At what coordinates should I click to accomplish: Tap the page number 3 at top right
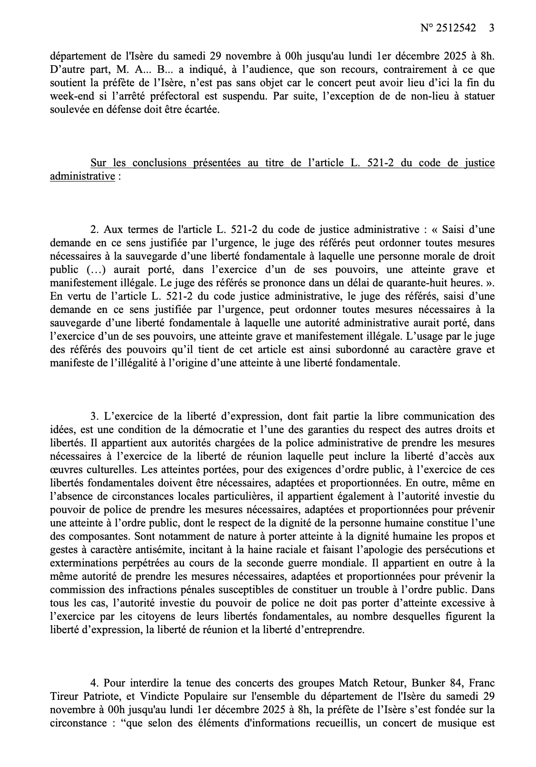[491, 28]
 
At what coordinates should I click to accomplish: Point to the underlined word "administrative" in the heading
[82, 176]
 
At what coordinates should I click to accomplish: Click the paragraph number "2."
[94, 230]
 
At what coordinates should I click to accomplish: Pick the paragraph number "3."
[94, 417]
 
